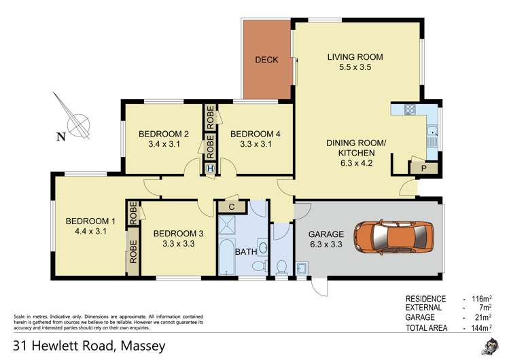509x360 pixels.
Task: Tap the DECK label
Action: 266,60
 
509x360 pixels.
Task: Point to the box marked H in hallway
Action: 210,168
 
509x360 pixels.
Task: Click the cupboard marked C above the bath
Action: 231,207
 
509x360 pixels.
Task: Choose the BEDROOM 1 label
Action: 90,221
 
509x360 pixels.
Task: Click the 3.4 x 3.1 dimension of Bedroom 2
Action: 163,144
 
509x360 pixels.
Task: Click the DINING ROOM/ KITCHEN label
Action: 356,148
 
